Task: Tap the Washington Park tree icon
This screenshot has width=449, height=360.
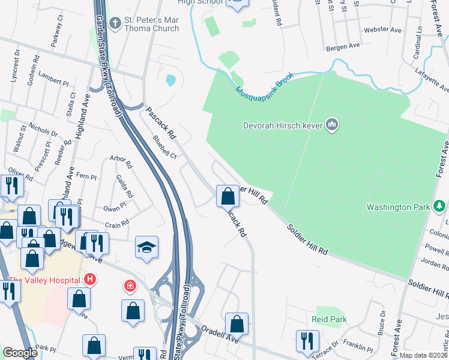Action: pyautogui.click(x=440, y=207)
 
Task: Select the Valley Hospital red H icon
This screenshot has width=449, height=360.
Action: pyautogui.click(x=90, y=280)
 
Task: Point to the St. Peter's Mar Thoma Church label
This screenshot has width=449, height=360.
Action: pyautogui.click(x=151, y=24)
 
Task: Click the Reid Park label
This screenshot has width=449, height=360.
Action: pyautogui.click(x=328, y=320)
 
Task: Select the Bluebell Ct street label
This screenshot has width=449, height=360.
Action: pyautogui.click(x=164, y=147)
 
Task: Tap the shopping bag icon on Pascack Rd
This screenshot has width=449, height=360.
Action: pyautogui.click(x=228, y=196)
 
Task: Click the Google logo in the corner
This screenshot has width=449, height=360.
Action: pyautogui.click(x=20, y=353)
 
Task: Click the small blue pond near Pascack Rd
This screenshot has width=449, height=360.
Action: pyautogui.click(x=171, y=79)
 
